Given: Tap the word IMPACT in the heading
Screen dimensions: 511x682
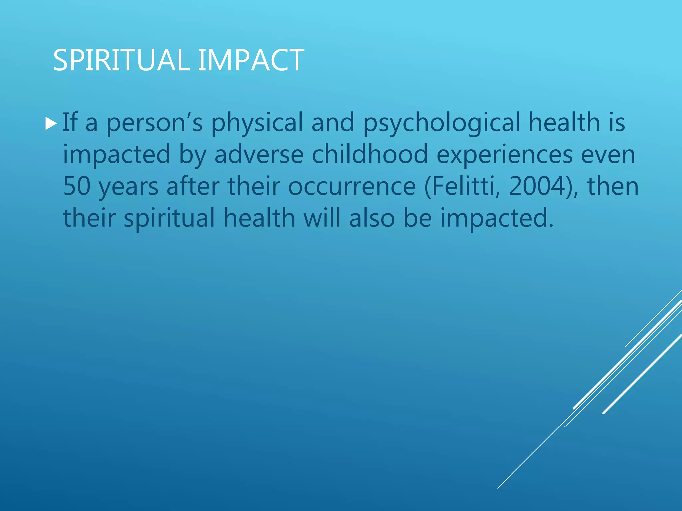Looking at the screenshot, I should (x=251, y=60).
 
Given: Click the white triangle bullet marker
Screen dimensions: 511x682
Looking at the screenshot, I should (x=51, y=123).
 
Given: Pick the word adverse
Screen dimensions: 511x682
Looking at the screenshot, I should (x=259, y=155).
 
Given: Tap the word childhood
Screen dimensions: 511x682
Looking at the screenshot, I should (x=370, y=155).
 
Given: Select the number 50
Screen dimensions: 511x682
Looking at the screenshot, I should (x=77, y=186).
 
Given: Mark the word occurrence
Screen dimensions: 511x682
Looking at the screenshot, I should (x=352, y=186).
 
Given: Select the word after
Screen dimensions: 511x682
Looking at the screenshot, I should (x=193, y=186).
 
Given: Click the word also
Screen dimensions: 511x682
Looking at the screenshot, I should (x=372, y=218).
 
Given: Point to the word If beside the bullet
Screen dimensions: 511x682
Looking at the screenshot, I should (x=70, y=123).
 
